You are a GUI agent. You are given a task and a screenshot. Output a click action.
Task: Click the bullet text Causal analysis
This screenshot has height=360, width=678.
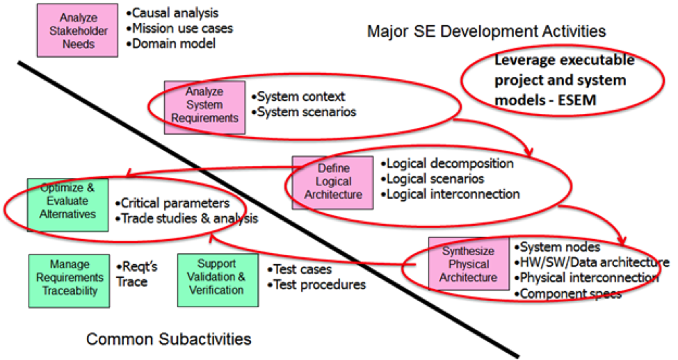[x=173, y=13]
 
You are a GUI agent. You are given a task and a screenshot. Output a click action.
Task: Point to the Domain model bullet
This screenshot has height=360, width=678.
[x=172, y=44]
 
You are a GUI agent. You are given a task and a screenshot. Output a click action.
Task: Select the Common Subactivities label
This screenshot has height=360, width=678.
[x=168, y=340]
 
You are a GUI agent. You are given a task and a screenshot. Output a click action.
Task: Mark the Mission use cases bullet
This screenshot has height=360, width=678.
[x=180, y=28]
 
